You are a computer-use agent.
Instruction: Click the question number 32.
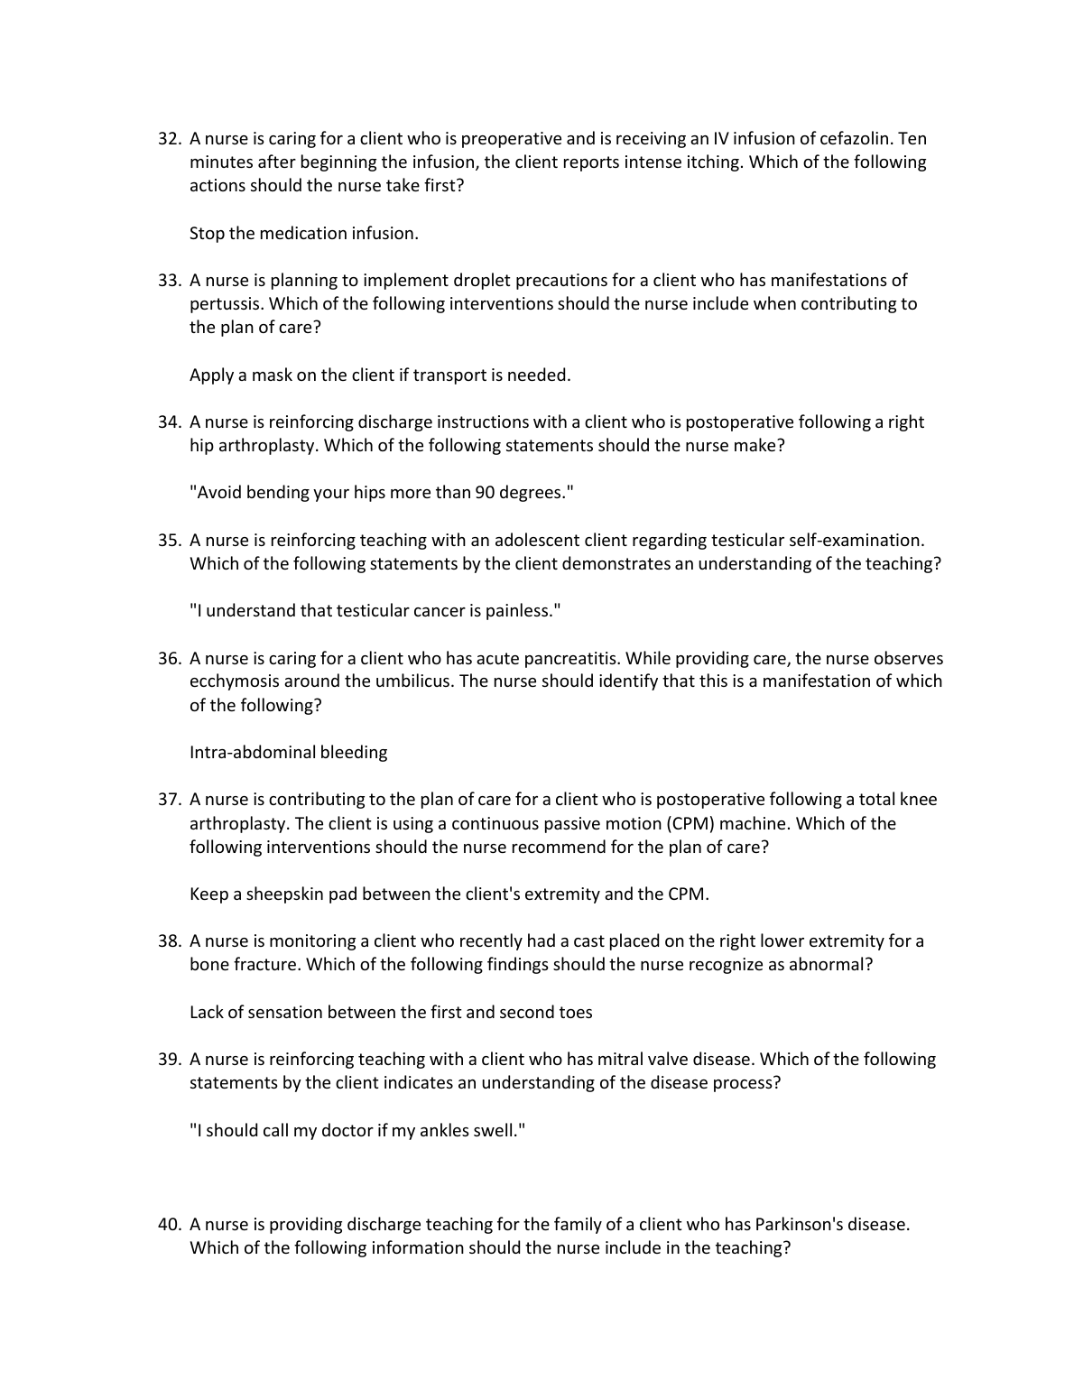170,139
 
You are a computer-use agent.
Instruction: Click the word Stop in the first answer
207,234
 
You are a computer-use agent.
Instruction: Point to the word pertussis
226,304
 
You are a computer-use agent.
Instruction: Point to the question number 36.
170,659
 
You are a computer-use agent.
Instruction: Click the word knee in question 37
919,800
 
